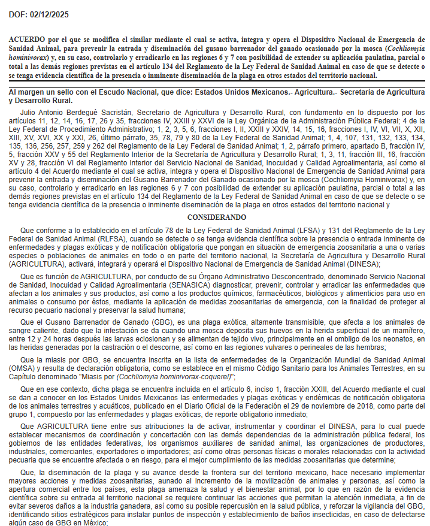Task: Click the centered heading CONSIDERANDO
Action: tap(216, 217)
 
